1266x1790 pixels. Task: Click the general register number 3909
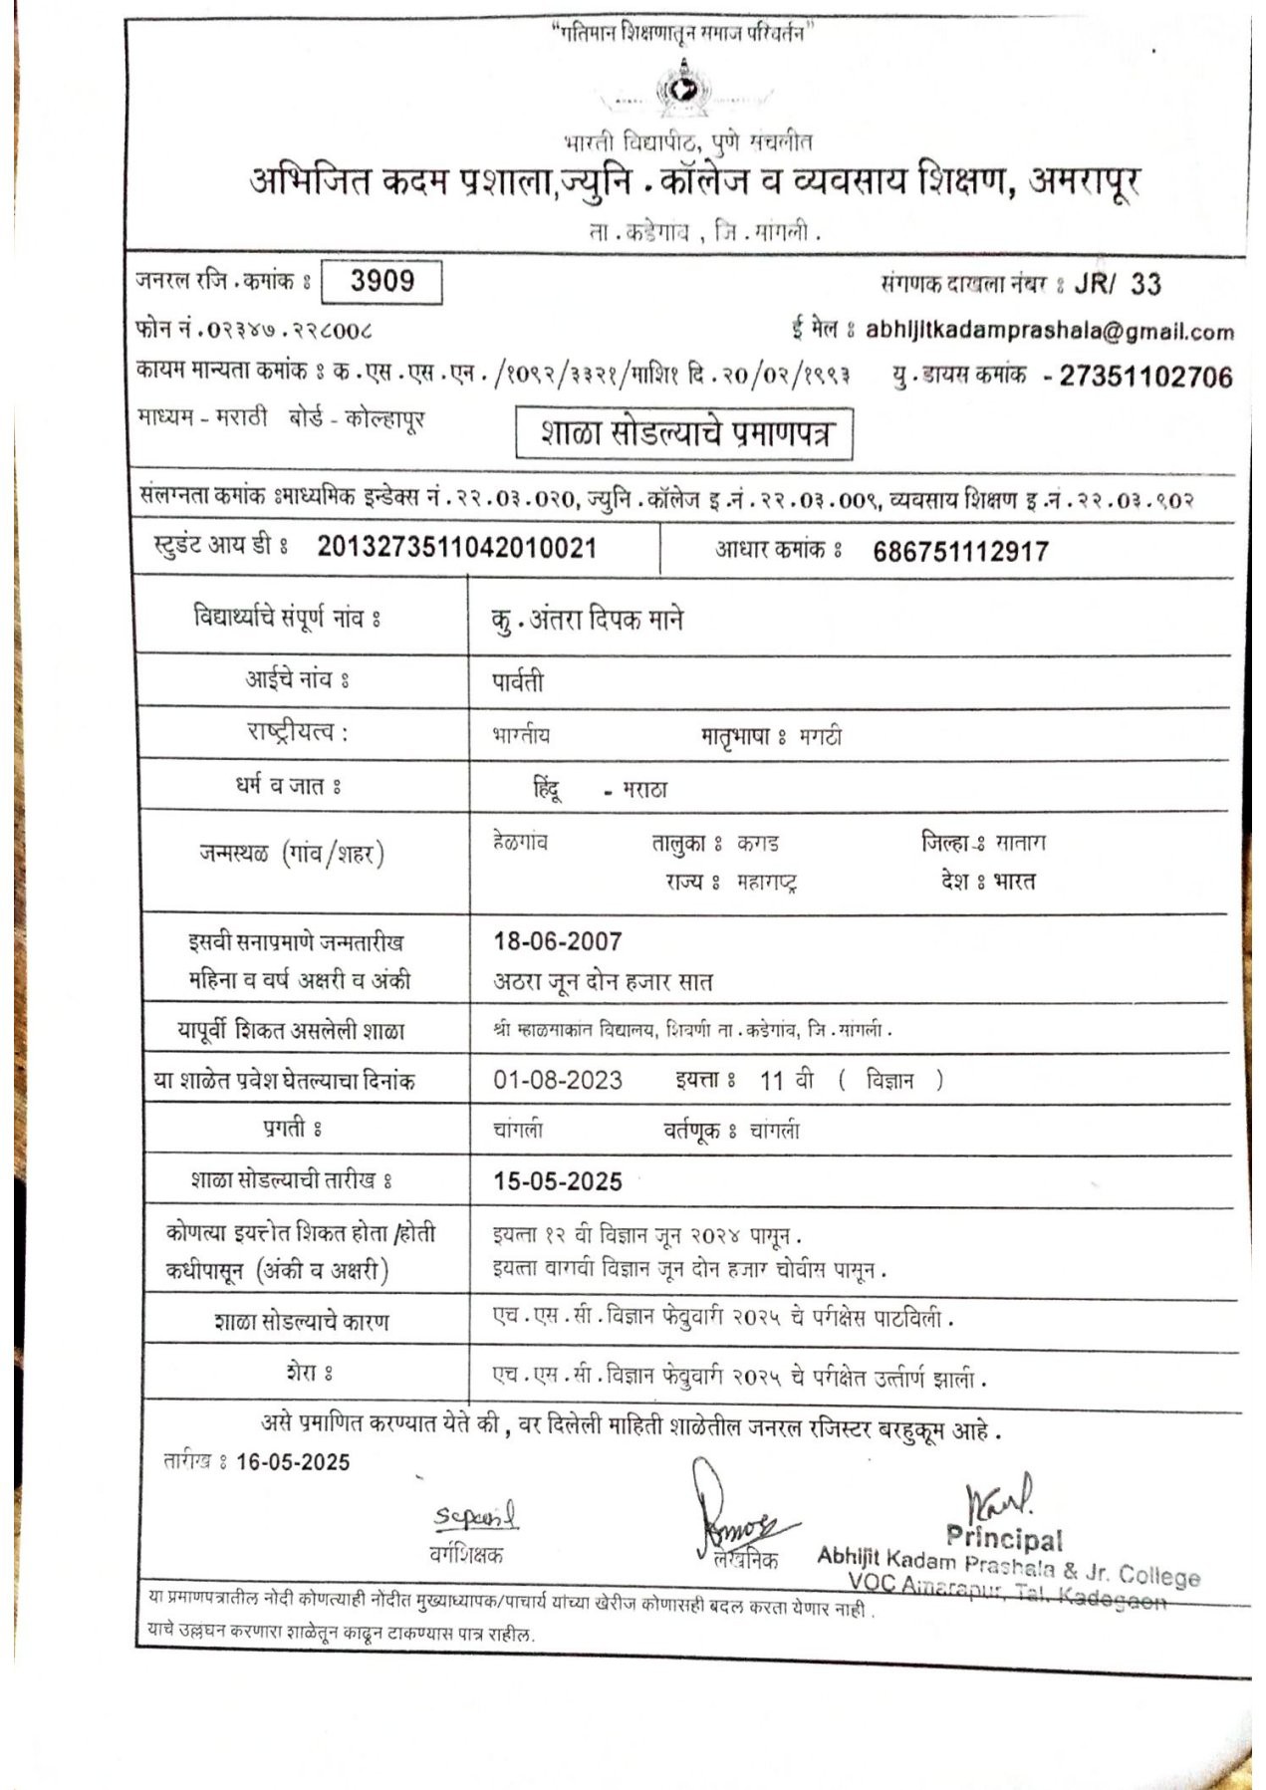(382, 282)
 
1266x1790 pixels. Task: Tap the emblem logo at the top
(683, 90)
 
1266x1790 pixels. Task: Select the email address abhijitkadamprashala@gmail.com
(1049, 331)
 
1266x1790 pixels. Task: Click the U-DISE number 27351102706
(1145, 377)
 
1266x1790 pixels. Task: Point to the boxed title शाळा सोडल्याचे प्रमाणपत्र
(684, 433)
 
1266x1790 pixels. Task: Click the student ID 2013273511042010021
(457, 547)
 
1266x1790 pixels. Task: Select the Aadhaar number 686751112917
(960, 552)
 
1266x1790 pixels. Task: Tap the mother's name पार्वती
(518, 682)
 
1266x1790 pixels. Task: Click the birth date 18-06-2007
(558, 941)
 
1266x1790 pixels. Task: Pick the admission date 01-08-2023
(558, 1081)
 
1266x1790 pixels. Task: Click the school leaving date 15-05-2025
(558, 1182)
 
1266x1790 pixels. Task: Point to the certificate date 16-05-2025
(293, 1462)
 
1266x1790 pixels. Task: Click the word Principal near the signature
(1004, 1538)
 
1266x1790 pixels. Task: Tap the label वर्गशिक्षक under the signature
(466, 1554)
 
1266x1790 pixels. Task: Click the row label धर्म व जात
(289, 787)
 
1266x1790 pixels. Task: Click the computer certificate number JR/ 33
(1118, 285)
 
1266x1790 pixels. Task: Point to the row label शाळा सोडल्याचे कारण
(302, 1323)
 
